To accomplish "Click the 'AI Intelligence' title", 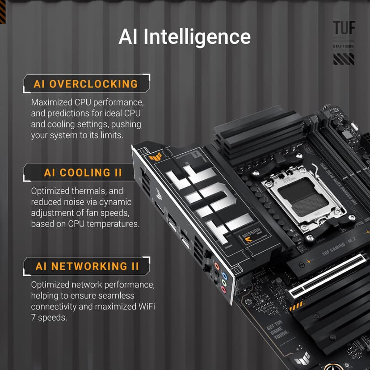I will click(x=185, y=37).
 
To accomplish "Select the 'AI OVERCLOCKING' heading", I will click(x=86, y=84).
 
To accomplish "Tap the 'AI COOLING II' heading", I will click(x=83, y=172).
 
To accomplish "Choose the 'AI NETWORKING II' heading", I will click(x=87, y=266).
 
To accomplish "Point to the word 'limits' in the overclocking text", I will click(x=109, y=135).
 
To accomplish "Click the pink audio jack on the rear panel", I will click(x=224, y=290).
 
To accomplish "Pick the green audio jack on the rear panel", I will click(x=225, y=283).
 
